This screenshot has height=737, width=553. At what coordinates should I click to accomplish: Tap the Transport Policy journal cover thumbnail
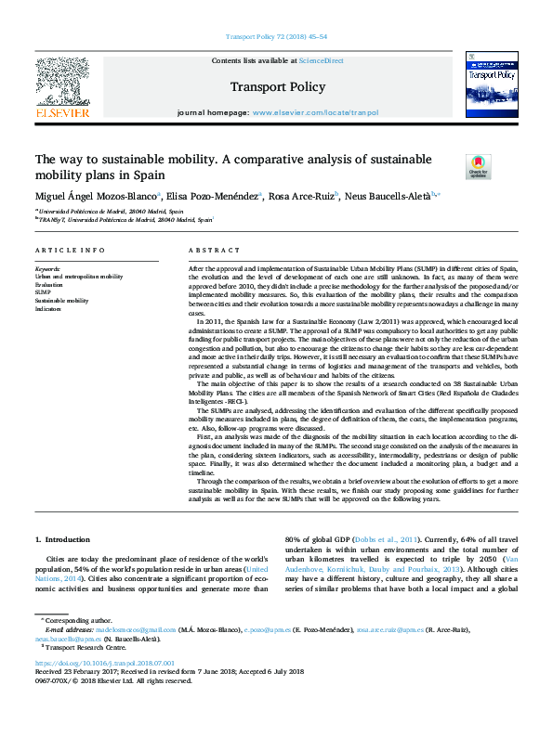[491, 84]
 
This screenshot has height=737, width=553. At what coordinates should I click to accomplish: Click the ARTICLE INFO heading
[70, 251]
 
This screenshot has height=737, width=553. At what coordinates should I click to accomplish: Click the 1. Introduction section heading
[62, 540]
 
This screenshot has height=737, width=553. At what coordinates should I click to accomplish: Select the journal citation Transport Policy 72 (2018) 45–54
[276, 37]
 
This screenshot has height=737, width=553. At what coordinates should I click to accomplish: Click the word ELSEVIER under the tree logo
[62, 112]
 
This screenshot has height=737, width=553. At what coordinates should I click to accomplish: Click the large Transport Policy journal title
[276, 85]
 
